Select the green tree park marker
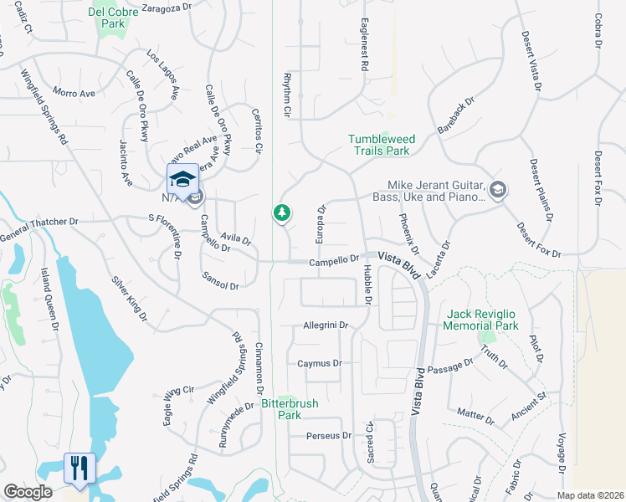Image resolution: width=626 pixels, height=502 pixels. pyautogui.click(x=282, y=213)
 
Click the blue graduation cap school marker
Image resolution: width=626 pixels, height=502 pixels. pyautogui.click(x=182, y=179)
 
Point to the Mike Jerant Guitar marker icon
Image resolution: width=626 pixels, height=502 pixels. pyautogui.click(x=498, y=189)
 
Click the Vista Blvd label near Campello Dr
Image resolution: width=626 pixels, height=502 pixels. pyautogui.click(x=397, y=262)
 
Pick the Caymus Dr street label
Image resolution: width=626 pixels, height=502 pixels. pyautogui.click(x=320, y=363)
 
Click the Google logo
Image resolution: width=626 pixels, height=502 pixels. pyautogui.click(x=28, y=492)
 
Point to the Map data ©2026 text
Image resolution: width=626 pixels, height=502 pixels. pyautogui.click(x=590, y=494)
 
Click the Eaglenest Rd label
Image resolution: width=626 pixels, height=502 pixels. pyautogui.click(x=366, y=44)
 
